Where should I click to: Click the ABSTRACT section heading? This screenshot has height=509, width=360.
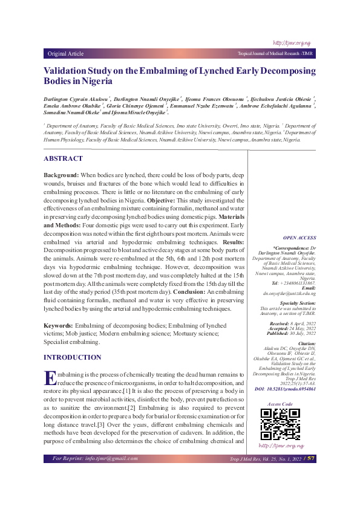coord(63,158)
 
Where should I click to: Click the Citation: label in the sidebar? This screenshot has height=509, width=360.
coord(305,343)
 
